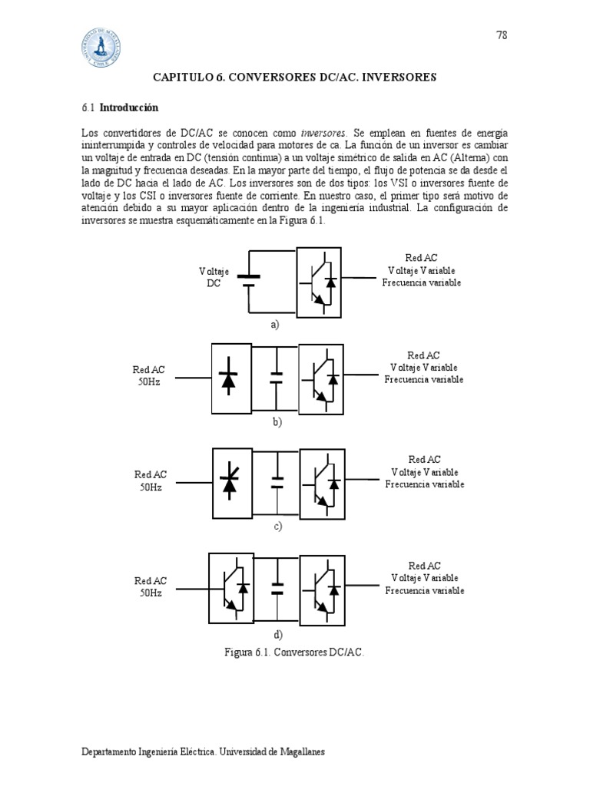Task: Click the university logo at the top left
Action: (x=101, y=48)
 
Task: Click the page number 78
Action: (x=502, y=35)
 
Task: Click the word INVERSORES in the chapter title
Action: (x=398, y=78)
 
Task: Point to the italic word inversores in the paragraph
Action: (x=323, y=133)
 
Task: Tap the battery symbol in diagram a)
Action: (x=249, y=280)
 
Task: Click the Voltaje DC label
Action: (x=214, y=277)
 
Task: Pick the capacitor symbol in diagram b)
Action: (x=277, y=377)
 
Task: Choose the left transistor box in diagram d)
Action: (x=230, y=587)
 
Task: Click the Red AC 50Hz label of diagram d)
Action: (x=151, y=587)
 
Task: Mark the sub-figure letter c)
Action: (x=277, y=526)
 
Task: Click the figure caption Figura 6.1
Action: (x=293, y=652)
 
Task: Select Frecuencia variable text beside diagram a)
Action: (x=422, y=282)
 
